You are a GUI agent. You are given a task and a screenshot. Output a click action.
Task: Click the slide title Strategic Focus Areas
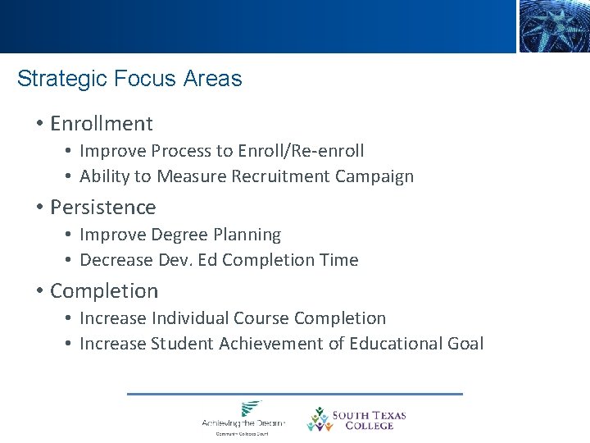point(129,79)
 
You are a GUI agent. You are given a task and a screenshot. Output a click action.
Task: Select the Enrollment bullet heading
point(101,124)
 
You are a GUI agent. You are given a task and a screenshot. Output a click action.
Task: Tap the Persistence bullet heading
point(102,208)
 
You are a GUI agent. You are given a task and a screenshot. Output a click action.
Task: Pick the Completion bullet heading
point(104,291)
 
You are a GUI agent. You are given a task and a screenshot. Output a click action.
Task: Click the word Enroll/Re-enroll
point(301,151)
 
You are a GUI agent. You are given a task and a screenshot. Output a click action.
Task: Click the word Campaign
point(377,176)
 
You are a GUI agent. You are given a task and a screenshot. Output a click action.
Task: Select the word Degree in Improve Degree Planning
point(179,235)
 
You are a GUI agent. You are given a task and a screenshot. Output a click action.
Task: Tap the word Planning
point(247,235)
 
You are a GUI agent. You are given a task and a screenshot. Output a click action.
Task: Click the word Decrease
point(113,260)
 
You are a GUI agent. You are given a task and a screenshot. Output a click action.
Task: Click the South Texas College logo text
point(369,420)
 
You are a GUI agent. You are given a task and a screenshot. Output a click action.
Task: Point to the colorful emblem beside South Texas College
point(318,419)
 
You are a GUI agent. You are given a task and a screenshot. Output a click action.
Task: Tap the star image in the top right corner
point(553,26)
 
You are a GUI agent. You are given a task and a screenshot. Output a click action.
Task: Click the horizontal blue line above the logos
point(295,394)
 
